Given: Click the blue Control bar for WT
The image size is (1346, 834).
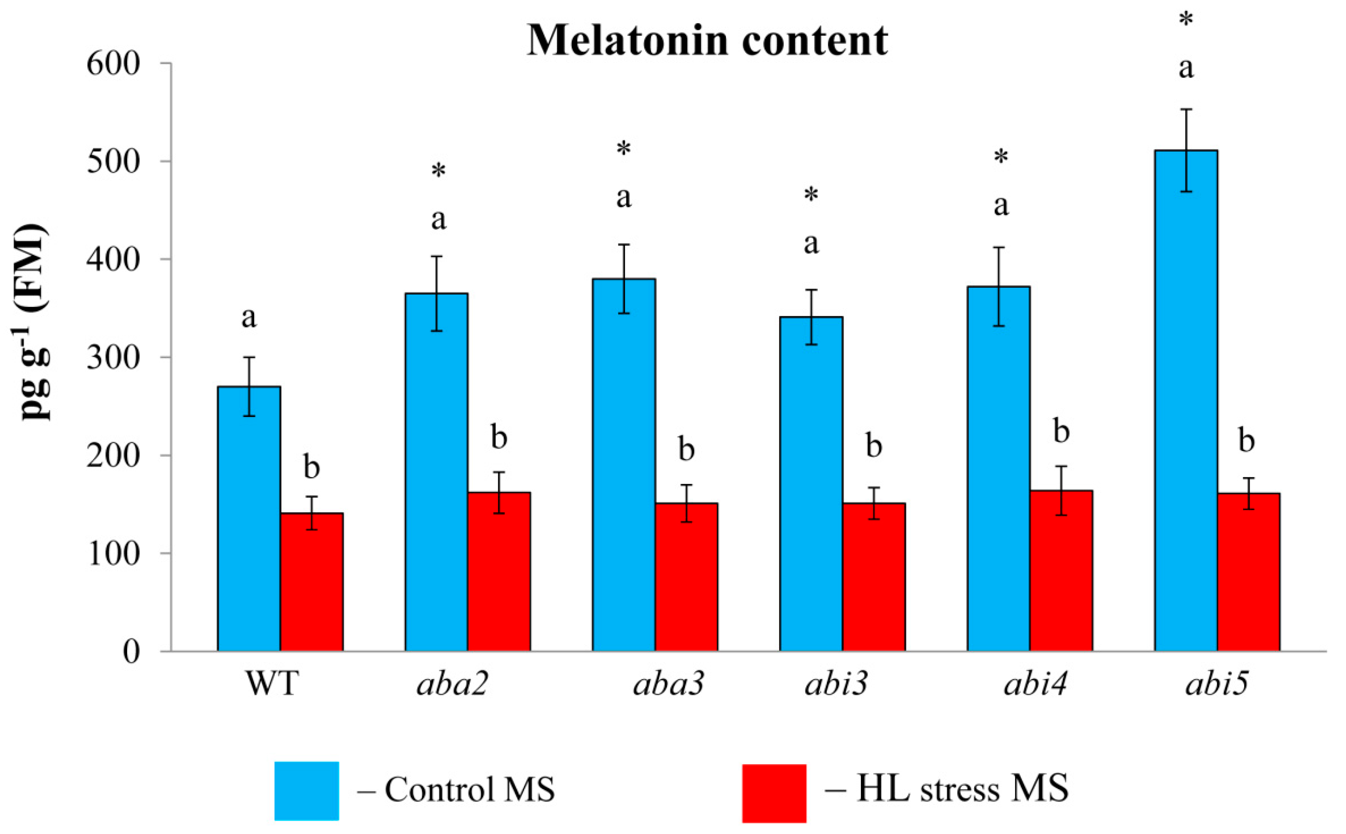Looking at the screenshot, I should coord(249,518).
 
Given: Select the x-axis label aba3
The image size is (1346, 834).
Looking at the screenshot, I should coord(668,684).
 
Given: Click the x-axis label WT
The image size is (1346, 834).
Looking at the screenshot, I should coord(271,684).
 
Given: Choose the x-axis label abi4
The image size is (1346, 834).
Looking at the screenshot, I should coord(1035,684).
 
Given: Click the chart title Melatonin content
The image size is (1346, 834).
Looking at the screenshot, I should coord(707,40).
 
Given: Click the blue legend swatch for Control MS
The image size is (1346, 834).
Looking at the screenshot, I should coord(306,791).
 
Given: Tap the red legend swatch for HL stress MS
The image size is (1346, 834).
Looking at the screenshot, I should coord(774,792).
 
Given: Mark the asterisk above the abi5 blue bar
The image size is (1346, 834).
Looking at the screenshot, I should coord(1186,21).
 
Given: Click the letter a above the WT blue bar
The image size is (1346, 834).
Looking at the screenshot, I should coord(249,318).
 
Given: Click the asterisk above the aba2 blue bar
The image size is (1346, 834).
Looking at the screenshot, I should coord(439,172).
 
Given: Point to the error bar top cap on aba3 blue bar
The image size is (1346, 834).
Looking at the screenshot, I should coord(624,244).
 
